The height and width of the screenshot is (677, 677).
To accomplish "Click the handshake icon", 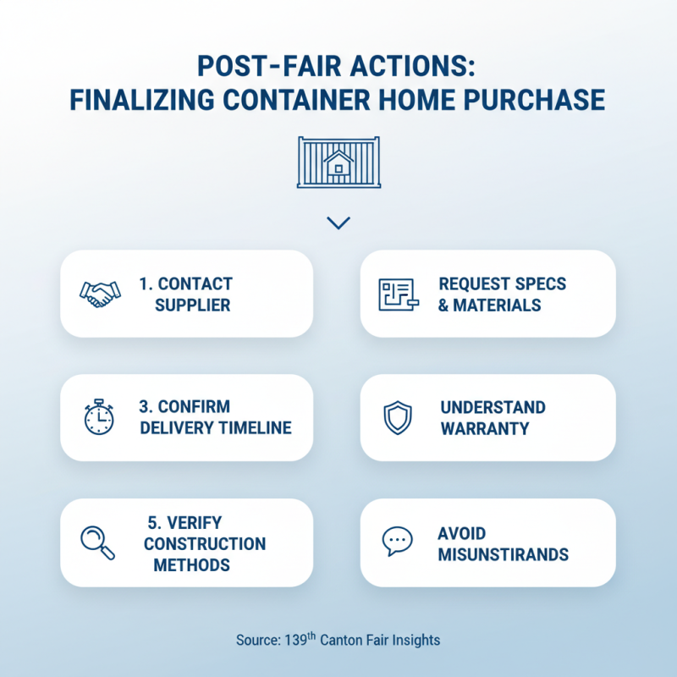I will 100,294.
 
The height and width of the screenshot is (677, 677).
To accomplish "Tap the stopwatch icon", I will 99,417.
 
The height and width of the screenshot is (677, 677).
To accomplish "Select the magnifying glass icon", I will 97,542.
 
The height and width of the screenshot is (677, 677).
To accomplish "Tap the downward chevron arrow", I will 338,223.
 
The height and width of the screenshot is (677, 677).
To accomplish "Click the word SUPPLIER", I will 193,305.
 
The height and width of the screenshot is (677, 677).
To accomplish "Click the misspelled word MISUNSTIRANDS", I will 504,555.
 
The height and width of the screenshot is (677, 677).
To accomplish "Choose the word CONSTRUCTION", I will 205,543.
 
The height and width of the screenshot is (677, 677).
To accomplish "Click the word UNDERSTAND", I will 493,407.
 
